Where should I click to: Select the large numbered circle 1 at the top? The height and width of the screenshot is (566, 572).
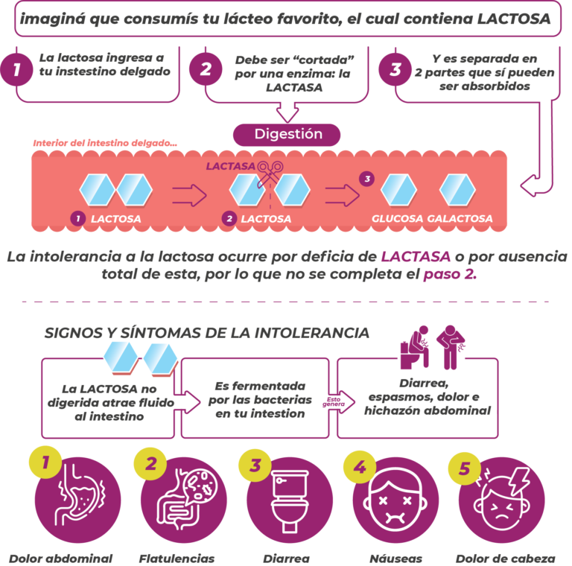coord(16,70)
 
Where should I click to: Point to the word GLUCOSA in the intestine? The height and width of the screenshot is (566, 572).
coord(398,219)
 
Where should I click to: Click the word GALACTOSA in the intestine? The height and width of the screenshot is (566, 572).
coord(460,219)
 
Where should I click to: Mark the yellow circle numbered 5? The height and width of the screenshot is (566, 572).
coord(465,469)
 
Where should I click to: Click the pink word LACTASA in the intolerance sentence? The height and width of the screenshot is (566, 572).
coord(416,257)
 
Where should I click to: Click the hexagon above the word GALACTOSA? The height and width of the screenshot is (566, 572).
coord(457,190)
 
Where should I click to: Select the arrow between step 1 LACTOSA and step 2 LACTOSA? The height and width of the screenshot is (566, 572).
coord(189,195)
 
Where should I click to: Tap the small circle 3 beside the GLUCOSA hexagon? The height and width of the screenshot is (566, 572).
coord(366,179)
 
